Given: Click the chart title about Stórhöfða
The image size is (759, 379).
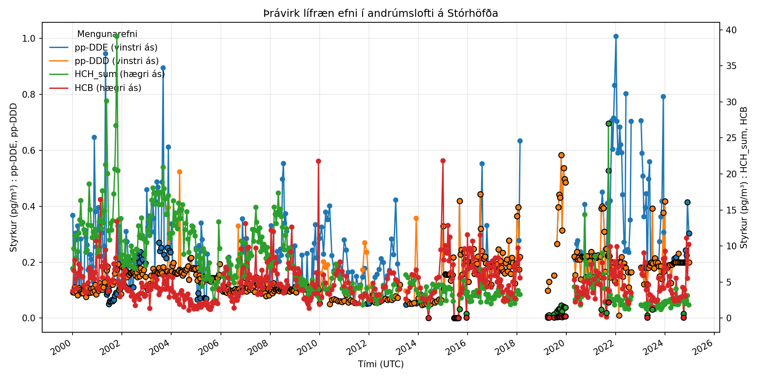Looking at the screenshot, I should (x=380, y=13).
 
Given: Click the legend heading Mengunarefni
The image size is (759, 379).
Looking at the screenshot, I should (x=107, y=34).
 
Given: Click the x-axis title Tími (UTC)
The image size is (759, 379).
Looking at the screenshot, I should (x=381, y=364).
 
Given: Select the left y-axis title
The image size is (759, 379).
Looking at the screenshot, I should (x=13, y=178).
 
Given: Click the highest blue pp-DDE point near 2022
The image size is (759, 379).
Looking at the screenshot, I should (x=616, y=36).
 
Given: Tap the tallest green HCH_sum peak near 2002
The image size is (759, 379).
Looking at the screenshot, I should (x=117, y=36).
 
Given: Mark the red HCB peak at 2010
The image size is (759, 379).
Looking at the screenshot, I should (x=318, y=161).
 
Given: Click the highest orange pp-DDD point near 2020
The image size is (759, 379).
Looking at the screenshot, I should (x=561, y=155).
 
